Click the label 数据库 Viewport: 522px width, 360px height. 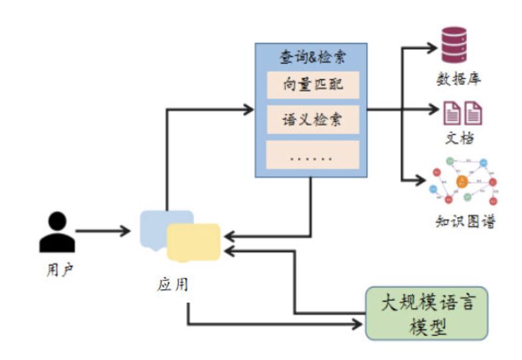pyautogui.click(x=459, y=79)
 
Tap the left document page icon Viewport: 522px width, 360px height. pyautogui.click(x=452, y=112)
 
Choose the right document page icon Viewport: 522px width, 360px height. pyautogui.click(x=473, y=112)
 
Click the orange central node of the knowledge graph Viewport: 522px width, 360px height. pyautogui.click(x=462, y=181)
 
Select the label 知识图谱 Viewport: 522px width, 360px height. pyautogui.click(x=465, y=222)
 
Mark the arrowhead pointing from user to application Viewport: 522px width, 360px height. pyautogui.click(x=126, y=231)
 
